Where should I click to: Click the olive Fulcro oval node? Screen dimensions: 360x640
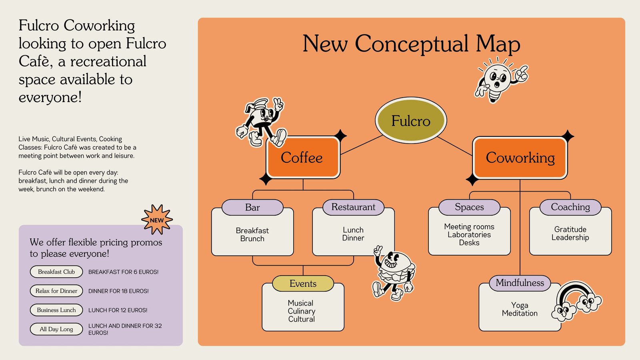[x=411, y=120]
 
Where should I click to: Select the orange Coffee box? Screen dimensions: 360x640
[x=302, y=158]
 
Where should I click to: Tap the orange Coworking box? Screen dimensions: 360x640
[x=520, y=158]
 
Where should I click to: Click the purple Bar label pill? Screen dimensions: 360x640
[x=252, y=207]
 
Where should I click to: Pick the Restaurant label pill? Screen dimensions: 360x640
[x=353, y=207]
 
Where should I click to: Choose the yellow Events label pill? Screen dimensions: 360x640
[x=303, y=284]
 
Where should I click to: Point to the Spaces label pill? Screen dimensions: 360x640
[x=469, y=207]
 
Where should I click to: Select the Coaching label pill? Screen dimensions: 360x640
[x=570, y=207]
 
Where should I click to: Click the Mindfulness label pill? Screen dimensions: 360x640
[x=520, y=283]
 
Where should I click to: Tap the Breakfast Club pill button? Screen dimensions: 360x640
[x=56, y=272]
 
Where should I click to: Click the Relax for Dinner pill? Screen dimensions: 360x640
[x=56, y=291]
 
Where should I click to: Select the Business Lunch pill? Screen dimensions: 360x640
[x=56, y=310]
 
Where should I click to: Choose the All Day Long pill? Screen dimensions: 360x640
[x=56, y=329]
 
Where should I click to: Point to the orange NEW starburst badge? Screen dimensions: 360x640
[x=157, y=220]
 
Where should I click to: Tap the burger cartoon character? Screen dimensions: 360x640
[x=394, y=272]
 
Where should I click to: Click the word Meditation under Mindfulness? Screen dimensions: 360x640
[x=520, y=313]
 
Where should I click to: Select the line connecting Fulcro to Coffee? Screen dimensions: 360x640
[x=361, y=145]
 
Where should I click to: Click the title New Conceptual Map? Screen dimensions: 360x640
[x=411, y=44]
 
